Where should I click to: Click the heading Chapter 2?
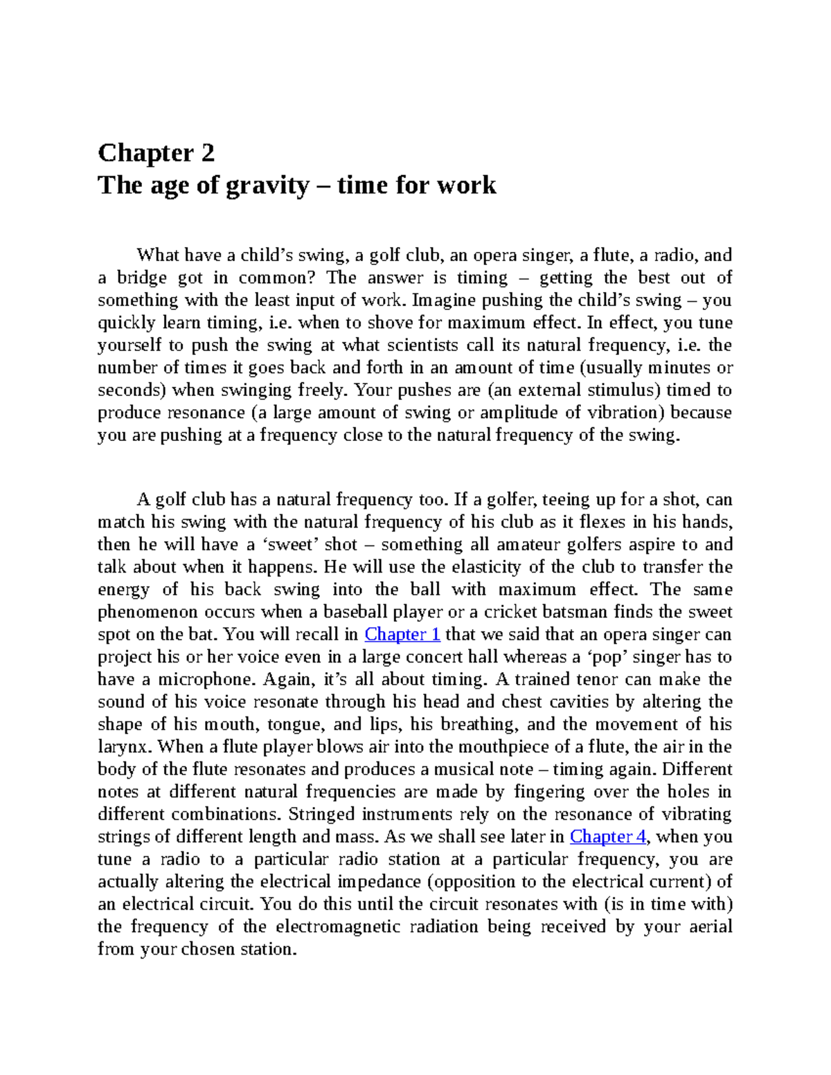coord(156,152)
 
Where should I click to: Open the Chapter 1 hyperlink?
coord(402,635)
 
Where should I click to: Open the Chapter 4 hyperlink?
coord(607,837)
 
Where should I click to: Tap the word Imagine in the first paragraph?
coord(443,300)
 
